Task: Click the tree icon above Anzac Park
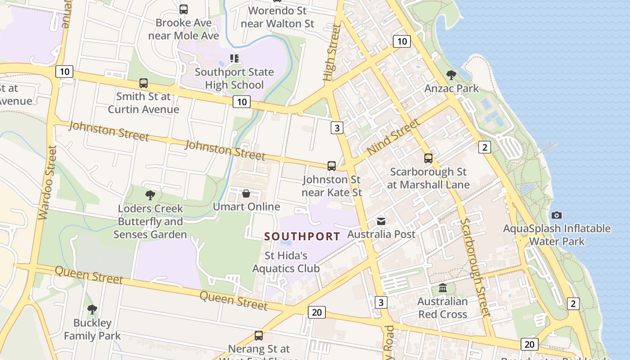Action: pyautogui.click(x=451, y=75)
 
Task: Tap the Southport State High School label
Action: pyautogui.click(x=234, y=78)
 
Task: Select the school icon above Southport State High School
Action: pyautogui.click(x=234, y=58)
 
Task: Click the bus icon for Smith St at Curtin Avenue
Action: pyautogui.click(x=143, y=83)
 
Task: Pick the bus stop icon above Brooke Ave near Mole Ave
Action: pyautogui.click(x=183, y=9)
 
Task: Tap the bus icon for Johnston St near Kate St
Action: pyautogui.click(x=332, y=166)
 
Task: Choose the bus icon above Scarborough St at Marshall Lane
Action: pyautogui.click(x=428, y=158)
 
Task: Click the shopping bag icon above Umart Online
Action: pyautogui.click(x=246, y=193)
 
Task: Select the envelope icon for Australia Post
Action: pyautogui.click(x=381, y=221)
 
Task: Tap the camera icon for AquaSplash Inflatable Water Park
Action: pyautogui.click(x=557, y=215)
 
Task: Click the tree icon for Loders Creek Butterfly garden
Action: pyautogui.click(x=150, y=195)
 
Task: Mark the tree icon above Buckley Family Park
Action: pyautogui.click(x=92, y=309)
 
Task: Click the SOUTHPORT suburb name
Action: pyautogui.click(x=302, y=236)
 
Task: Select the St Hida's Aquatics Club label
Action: pyautogui.click(x=286, y=262)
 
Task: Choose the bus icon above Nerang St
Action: pyautogui.click(x=258, y=335)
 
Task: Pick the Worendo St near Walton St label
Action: pyautogui.click(x=277, y=17)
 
